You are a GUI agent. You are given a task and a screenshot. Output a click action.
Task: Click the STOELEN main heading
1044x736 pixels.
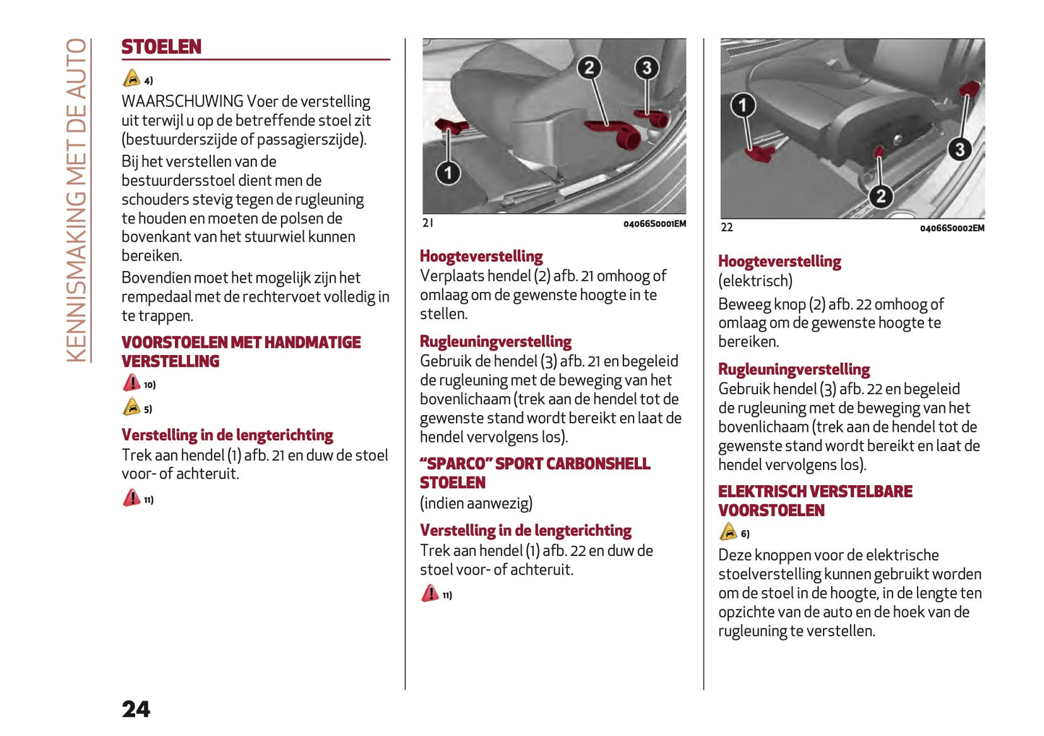161,47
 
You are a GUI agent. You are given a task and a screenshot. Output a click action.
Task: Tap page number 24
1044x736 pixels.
136,709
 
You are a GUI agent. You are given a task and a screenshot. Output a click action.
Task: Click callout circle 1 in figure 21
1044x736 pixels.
448,173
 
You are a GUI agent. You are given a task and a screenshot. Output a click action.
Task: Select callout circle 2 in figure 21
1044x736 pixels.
589,68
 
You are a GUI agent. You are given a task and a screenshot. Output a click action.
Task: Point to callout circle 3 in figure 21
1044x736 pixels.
647,68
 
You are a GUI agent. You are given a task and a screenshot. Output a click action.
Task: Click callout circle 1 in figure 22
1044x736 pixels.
742,106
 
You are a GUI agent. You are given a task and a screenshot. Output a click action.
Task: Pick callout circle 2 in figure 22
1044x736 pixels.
880,196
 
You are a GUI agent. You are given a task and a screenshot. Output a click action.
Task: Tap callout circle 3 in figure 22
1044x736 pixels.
959,150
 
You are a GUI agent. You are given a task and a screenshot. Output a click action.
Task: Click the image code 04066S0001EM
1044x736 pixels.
655,224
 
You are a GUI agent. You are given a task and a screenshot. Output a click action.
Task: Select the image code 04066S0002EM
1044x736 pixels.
952,228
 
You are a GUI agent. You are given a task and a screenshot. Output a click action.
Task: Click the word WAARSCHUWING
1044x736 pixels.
182,101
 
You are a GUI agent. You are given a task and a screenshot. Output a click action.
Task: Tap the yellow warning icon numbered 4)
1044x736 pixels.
131,78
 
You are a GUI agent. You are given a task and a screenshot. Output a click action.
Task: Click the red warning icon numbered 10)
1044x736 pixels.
131,382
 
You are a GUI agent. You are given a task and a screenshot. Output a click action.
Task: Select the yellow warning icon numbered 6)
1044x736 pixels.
728,532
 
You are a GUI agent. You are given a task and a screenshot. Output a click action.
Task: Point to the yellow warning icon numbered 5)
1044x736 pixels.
131,407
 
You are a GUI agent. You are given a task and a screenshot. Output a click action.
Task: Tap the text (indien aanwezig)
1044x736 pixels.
476,503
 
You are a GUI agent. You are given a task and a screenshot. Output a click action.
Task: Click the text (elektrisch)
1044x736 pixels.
755,281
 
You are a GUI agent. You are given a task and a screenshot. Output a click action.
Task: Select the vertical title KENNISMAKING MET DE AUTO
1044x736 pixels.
77,200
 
